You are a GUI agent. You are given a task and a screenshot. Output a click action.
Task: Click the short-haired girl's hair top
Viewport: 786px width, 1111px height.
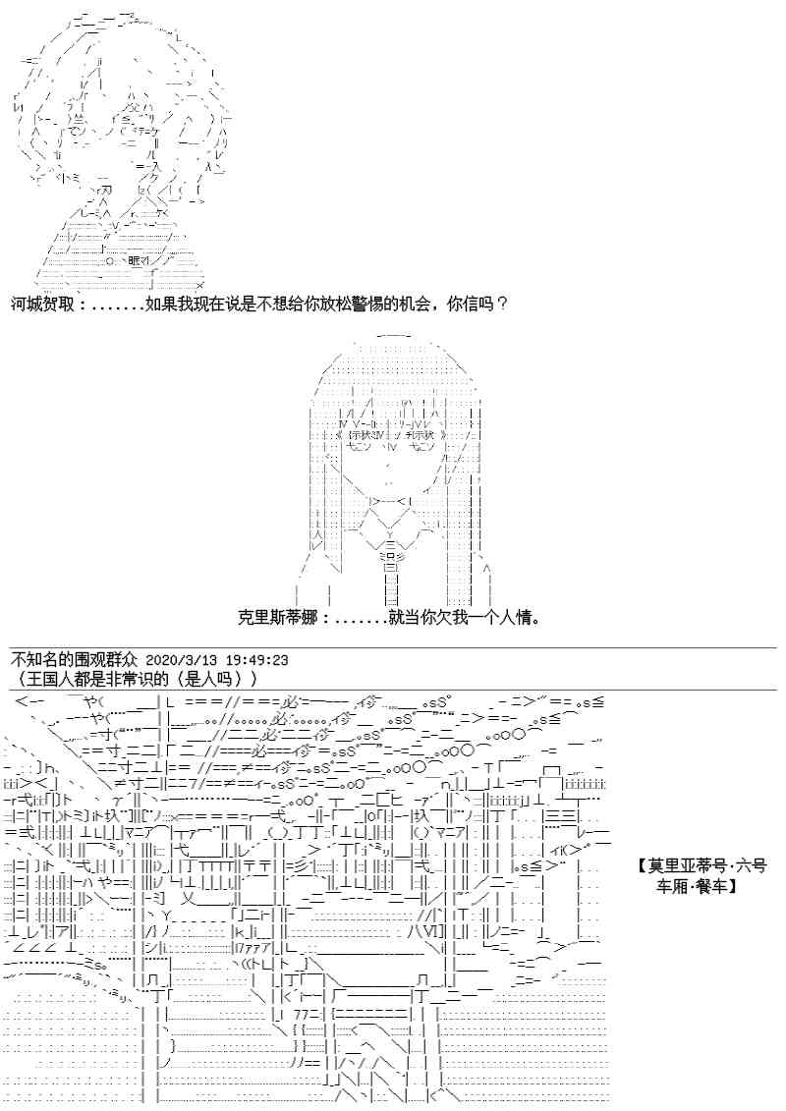coord(108,29)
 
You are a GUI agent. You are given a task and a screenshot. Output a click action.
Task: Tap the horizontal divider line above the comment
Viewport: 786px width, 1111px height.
coord(393,648)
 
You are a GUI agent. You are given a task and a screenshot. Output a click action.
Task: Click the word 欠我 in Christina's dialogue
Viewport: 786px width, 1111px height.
coord(438,619)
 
